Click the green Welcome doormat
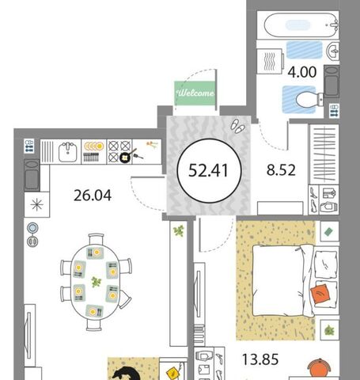pos(195,93)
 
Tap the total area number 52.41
pos(208,170)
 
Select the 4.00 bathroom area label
pos(302,72)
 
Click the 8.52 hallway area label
pos(281,170)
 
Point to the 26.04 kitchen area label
pos(93,196)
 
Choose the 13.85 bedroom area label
pos(260,359)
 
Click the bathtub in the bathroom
pos(301,25)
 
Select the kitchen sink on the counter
pos(68,152)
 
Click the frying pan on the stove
pos(126,157)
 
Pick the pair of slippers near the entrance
pos(237,126)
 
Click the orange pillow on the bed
pos(320,292)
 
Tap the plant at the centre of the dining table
pos(96,282)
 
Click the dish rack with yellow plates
pos(93,152)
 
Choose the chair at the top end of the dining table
pos(97,239)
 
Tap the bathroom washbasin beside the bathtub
pos(333,50)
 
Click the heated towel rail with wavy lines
pos(270,61)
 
